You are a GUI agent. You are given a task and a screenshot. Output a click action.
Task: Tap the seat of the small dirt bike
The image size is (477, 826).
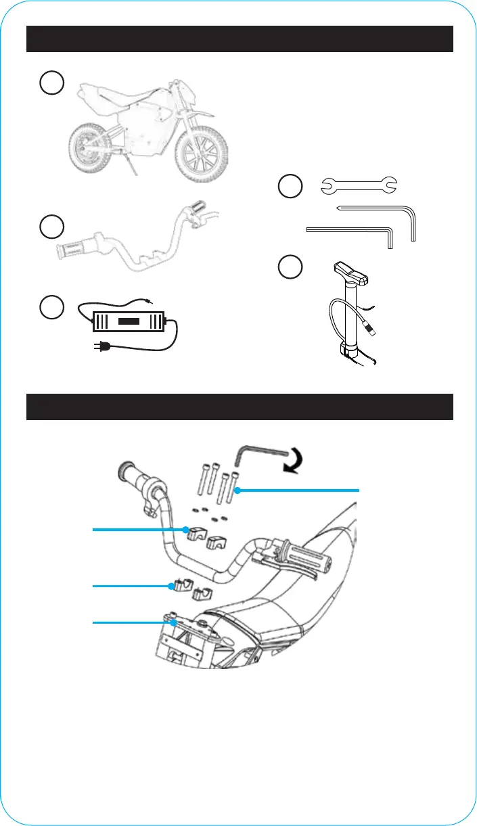coord(112,95)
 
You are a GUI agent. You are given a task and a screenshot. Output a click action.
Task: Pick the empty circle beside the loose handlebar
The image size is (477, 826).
coord(51,226)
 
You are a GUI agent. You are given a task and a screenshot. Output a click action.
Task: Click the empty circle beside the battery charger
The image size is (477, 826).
coord(51,307)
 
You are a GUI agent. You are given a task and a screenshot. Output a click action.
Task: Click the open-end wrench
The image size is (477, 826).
coord(359,184)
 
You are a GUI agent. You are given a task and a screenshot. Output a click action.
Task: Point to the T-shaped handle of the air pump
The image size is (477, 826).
coord(351,275)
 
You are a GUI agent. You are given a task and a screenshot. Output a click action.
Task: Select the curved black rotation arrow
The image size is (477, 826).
coord(294,463)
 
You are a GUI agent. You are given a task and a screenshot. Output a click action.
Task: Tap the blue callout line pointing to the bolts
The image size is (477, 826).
coord(298,489)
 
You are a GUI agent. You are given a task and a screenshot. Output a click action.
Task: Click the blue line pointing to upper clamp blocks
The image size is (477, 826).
coord(139,531)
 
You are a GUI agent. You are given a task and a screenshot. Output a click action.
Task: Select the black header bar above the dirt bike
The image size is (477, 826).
coord(239,39)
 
